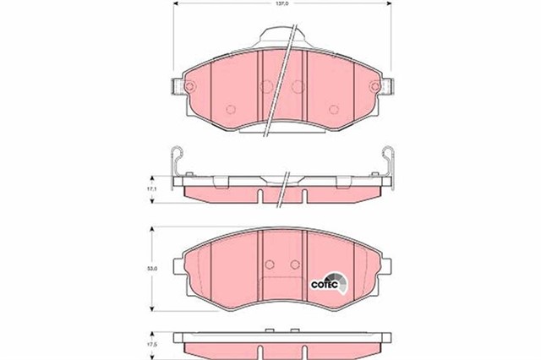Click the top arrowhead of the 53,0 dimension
pyautogui.click(x=151, y=230)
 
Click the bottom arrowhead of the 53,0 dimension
pyautogui.click(x=151, y=311)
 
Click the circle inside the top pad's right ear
pyautogui.click(x=375, y=85)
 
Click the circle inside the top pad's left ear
pyautogui.click(x=189, y=85)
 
